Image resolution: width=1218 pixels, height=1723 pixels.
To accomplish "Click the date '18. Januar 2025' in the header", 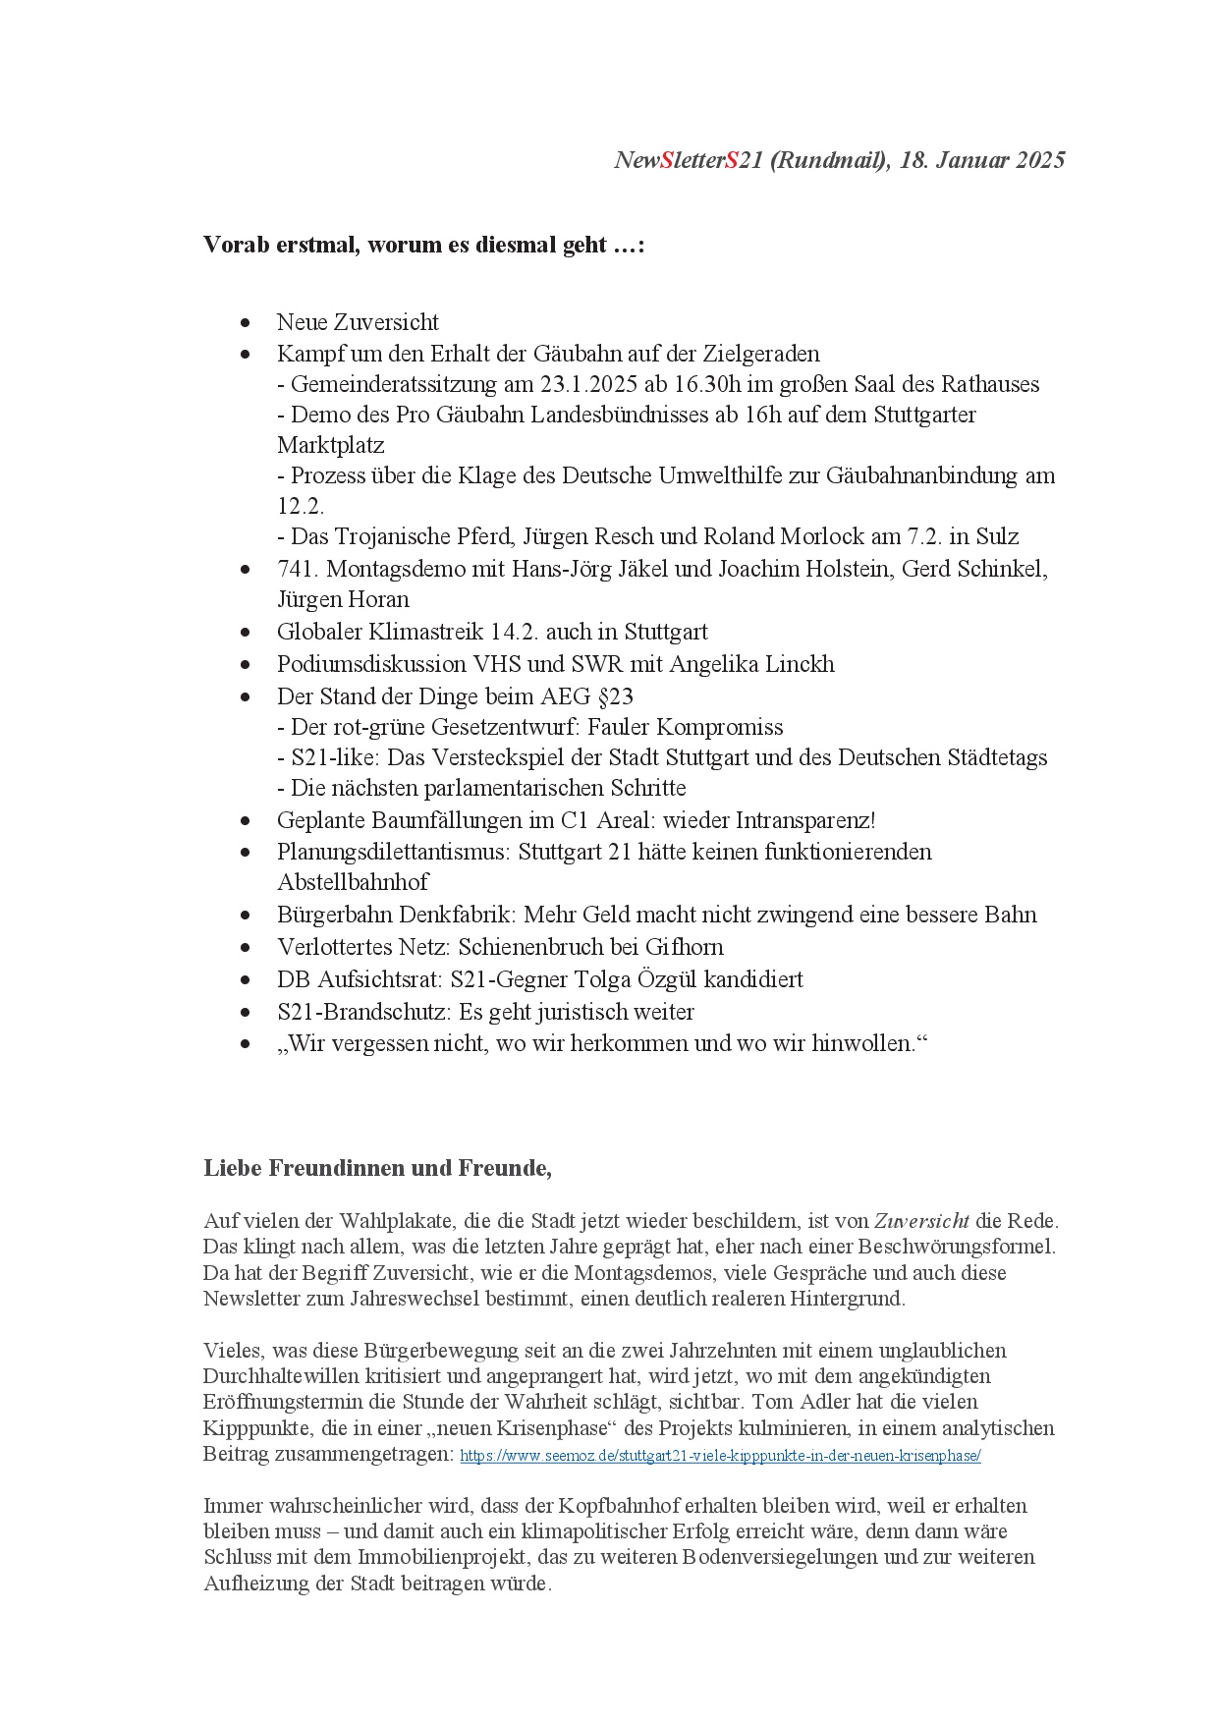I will pos(981,160).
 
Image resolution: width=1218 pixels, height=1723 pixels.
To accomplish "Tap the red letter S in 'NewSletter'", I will pos(666,160).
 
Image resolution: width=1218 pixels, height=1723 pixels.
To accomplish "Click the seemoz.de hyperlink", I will pos(720,1456).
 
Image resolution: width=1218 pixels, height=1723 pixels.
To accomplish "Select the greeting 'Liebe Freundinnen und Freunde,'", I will pos(377,1168).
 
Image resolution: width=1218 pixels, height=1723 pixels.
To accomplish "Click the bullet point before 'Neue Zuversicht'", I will pos(246,323).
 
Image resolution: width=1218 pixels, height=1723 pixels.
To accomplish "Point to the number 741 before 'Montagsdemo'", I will pos(297,569).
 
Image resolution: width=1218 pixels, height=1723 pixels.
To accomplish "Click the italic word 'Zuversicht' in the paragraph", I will pos(921,1221).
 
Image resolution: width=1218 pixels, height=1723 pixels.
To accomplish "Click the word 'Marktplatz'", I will pos(331,445).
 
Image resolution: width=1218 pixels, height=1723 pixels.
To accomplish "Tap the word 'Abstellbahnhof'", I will pos(353,882).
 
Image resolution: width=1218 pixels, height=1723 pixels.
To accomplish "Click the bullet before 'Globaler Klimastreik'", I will pos(246,633).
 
